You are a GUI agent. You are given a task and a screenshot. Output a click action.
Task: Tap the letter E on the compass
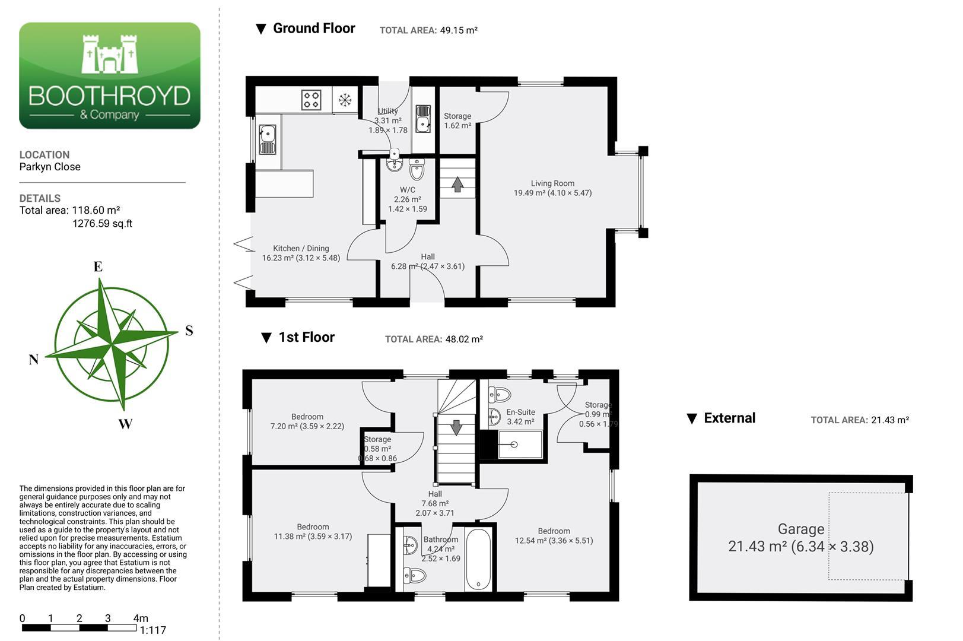[98, 266]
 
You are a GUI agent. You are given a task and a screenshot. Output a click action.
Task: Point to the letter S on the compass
[189, 330]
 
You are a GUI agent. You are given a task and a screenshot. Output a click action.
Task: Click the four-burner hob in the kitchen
[311, 100]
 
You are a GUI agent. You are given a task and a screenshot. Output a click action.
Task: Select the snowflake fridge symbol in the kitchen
[345, 100]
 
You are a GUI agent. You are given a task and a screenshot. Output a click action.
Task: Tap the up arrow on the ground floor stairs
[457, 185]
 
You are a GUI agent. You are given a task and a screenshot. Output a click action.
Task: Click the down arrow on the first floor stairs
[456, 428]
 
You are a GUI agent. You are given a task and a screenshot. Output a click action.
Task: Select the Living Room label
[552, 183]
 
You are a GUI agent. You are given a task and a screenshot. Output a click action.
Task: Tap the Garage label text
[801, 529]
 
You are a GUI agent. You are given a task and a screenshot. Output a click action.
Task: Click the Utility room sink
[423, 119]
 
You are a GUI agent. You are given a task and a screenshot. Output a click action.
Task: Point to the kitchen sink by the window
[268, 139]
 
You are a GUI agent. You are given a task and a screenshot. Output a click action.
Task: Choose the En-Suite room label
[520, 412]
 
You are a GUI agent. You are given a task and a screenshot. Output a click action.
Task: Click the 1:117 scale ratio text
[152, 630]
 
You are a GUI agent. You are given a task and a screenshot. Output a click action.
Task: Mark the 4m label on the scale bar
[141, 618]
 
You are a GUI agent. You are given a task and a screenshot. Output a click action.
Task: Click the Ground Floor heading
[314, 28]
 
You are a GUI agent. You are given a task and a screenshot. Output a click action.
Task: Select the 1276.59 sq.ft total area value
[102, 224]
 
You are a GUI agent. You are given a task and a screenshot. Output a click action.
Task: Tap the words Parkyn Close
[50, 167]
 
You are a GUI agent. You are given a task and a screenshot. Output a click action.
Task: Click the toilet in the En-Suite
[500, 394]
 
